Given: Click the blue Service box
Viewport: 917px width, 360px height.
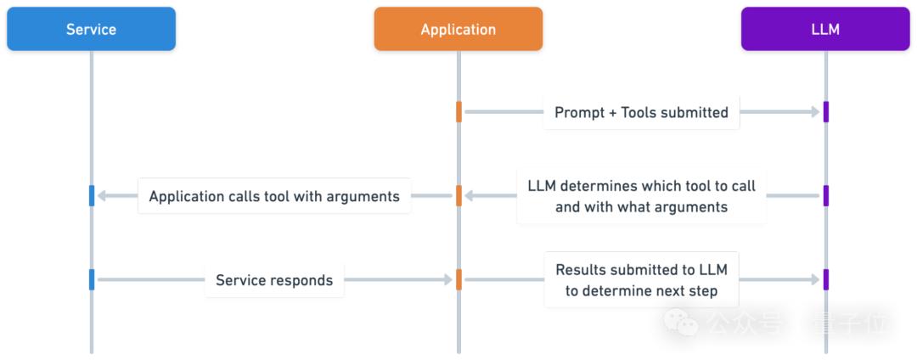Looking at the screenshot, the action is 91,29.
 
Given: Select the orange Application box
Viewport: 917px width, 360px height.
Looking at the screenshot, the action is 458,29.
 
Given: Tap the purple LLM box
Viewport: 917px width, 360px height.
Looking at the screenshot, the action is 826,29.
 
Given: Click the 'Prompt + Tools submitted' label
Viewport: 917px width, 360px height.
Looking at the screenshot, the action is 642,112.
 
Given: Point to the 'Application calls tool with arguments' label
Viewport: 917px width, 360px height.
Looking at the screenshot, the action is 274,196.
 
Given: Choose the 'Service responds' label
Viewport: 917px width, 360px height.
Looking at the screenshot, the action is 274,280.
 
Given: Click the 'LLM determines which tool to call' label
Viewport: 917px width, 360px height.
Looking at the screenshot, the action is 642,186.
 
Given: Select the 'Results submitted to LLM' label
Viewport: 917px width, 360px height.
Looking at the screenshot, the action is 642,270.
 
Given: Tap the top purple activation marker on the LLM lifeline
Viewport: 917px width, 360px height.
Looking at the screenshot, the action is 826,111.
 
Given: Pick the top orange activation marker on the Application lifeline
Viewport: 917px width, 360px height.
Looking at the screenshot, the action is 458,111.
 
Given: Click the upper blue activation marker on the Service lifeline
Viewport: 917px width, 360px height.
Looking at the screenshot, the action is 91,196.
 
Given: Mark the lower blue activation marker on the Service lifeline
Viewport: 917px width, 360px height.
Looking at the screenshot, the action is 91,280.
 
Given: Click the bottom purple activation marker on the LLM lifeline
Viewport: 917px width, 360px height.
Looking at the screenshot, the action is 826,280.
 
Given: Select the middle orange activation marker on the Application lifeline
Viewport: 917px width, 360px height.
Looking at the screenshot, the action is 458,196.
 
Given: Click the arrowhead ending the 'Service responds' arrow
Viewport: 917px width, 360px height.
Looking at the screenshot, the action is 448,280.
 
